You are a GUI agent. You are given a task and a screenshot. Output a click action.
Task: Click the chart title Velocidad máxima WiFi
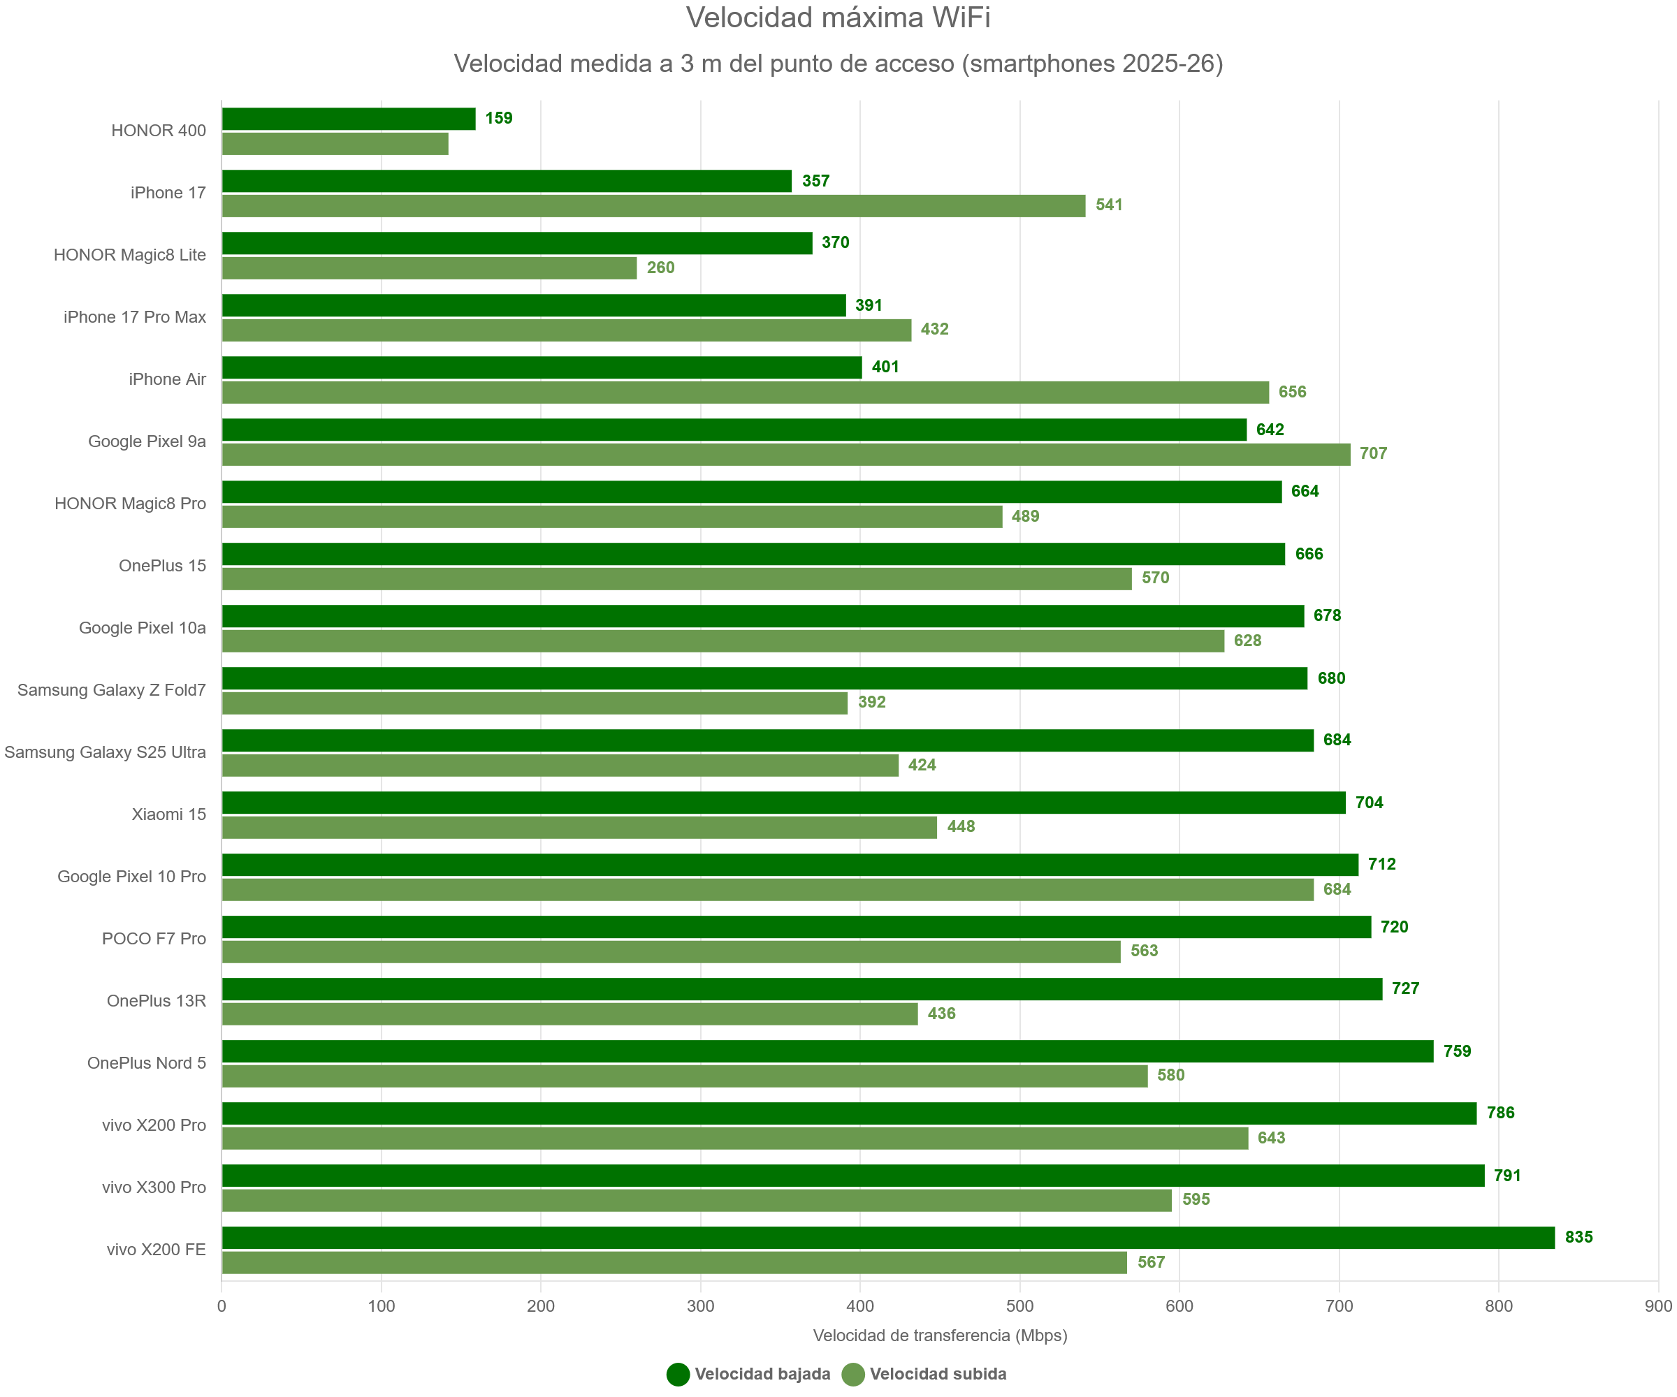(838, 17)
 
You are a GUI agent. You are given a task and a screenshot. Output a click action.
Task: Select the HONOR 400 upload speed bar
(335, 144)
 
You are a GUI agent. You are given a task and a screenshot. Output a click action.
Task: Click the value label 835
(1578, 1237)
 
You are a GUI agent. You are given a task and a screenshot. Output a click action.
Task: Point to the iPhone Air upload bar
(745, 392)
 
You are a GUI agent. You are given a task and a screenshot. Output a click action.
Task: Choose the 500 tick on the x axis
(1019, 1306)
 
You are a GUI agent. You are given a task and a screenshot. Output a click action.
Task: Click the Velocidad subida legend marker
(853, 1374)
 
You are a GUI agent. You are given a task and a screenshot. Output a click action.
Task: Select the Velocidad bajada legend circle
(678, 1374)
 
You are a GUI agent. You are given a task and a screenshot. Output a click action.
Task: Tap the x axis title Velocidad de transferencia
(940, 1336)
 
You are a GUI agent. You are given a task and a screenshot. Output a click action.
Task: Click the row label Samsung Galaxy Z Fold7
(112, 689)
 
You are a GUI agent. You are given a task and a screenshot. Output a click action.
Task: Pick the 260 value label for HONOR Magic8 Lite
(660, 268)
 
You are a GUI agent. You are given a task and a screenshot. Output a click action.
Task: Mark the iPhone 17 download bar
(507, 181)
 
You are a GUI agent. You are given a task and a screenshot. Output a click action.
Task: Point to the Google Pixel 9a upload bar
(786, 454)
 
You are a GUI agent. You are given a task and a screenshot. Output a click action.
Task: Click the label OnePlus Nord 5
(146, 1062)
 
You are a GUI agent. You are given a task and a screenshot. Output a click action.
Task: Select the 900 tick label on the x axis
(1658, 1306)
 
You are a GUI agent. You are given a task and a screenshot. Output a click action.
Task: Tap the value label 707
(1373, 453)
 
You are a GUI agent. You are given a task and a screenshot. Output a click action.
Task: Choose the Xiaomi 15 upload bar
(579, 827)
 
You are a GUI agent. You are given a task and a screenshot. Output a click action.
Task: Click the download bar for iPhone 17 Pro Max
(533, 305)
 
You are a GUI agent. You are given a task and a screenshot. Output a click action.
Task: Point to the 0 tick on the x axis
(222, 1306)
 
